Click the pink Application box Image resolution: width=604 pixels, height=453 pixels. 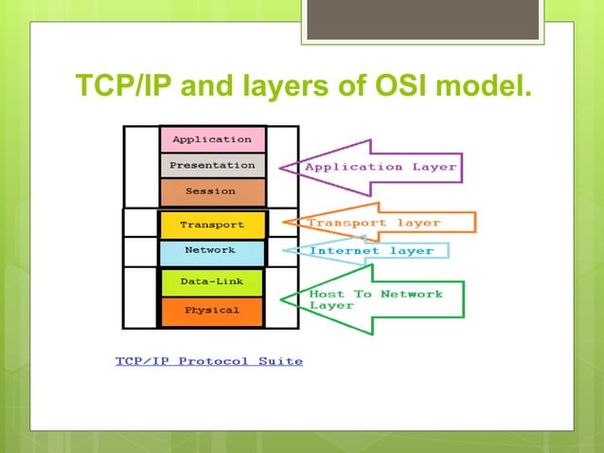(x=211, y=139)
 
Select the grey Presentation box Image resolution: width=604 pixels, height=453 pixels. (x=211, y=165)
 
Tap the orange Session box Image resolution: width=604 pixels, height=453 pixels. (x=211, y=191)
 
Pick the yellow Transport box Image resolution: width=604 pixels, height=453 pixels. (x=211, y=225)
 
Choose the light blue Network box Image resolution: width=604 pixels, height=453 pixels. (x=210, y=250)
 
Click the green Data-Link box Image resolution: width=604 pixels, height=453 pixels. (x=211, y=282)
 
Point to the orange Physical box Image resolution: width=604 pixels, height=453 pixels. (x=211, y=310)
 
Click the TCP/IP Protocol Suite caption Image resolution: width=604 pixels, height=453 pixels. (x=209, y=361)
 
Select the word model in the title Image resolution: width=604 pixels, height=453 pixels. (x=488, y=87)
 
